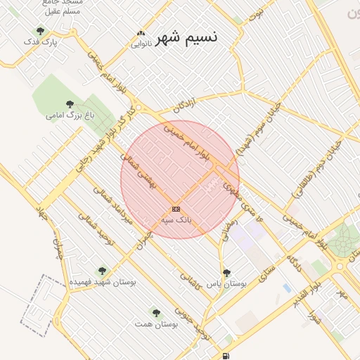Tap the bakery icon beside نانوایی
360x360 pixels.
(x=141, y=33)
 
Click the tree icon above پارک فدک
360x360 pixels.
(x=40, y=31)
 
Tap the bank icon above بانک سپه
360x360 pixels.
(x=176, y=209)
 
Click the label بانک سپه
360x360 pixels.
(x=176, y=220)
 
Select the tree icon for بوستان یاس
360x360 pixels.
(x=226, y=273)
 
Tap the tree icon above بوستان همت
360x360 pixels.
(x=156, y=313)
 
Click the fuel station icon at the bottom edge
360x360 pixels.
(x=226, y=356)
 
